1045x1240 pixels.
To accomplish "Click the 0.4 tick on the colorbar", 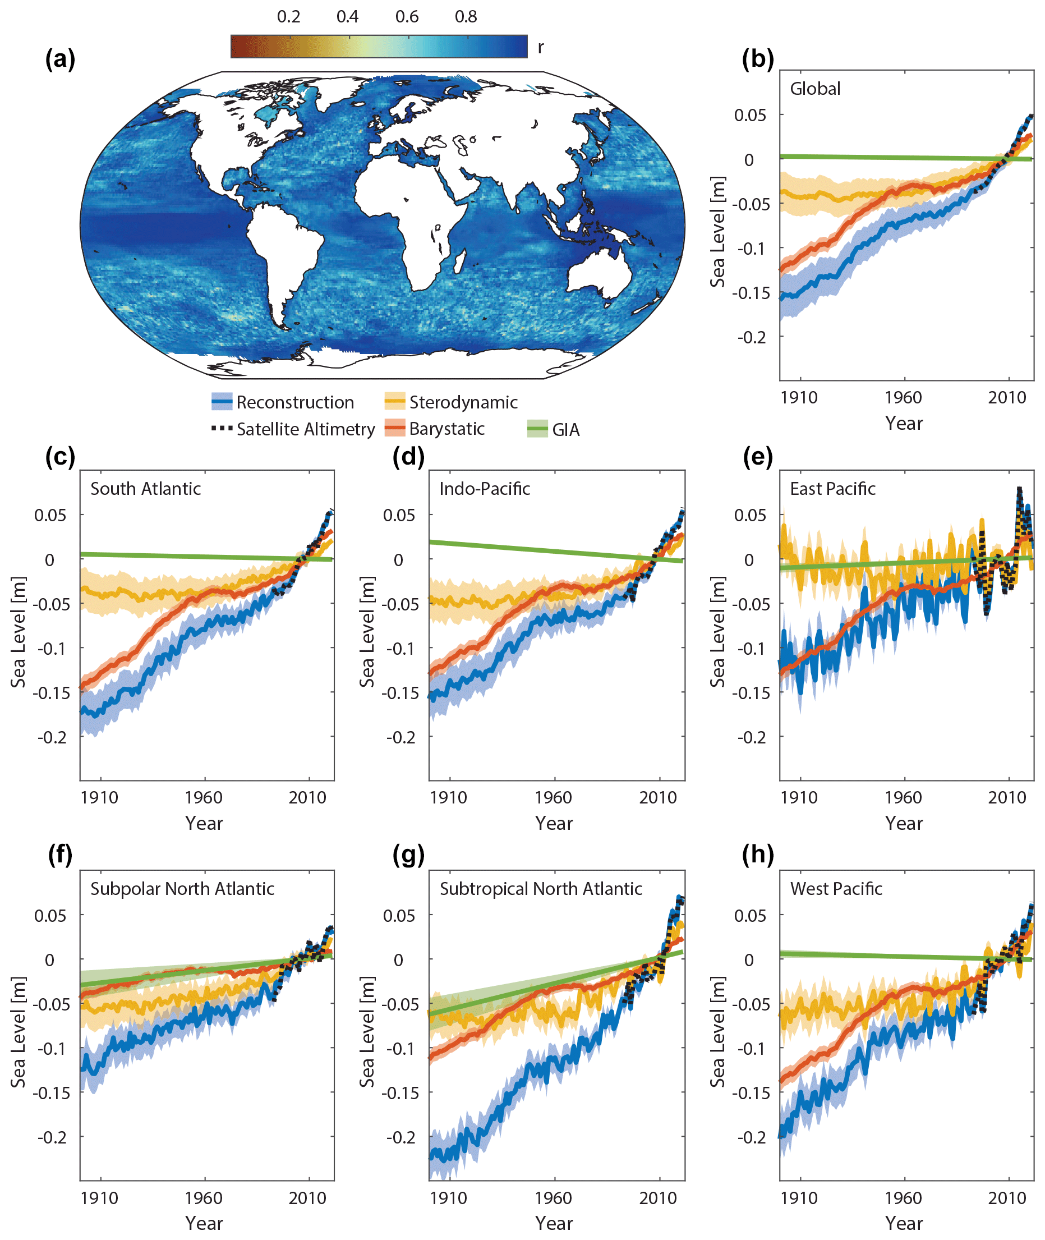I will (348, 17).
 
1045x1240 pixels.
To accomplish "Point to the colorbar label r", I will (540, 47).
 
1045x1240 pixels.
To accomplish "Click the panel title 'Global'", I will (815, 89).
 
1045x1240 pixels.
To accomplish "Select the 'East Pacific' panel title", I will (832, 489).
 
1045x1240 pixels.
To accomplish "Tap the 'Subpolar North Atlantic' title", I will (182, 889).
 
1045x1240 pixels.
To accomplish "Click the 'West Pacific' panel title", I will (836, 889).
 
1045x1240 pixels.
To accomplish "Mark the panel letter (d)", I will (409, 457).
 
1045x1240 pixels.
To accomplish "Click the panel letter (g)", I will (409, 855).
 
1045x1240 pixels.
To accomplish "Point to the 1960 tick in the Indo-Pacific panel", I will (553, 797).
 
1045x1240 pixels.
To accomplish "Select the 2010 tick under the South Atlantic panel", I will (307, 797).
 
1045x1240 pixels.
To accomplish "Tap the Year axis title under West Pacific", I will (904, 1223).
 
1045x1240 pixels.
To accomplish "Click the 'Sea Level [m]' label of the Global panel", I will (717, 232).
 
